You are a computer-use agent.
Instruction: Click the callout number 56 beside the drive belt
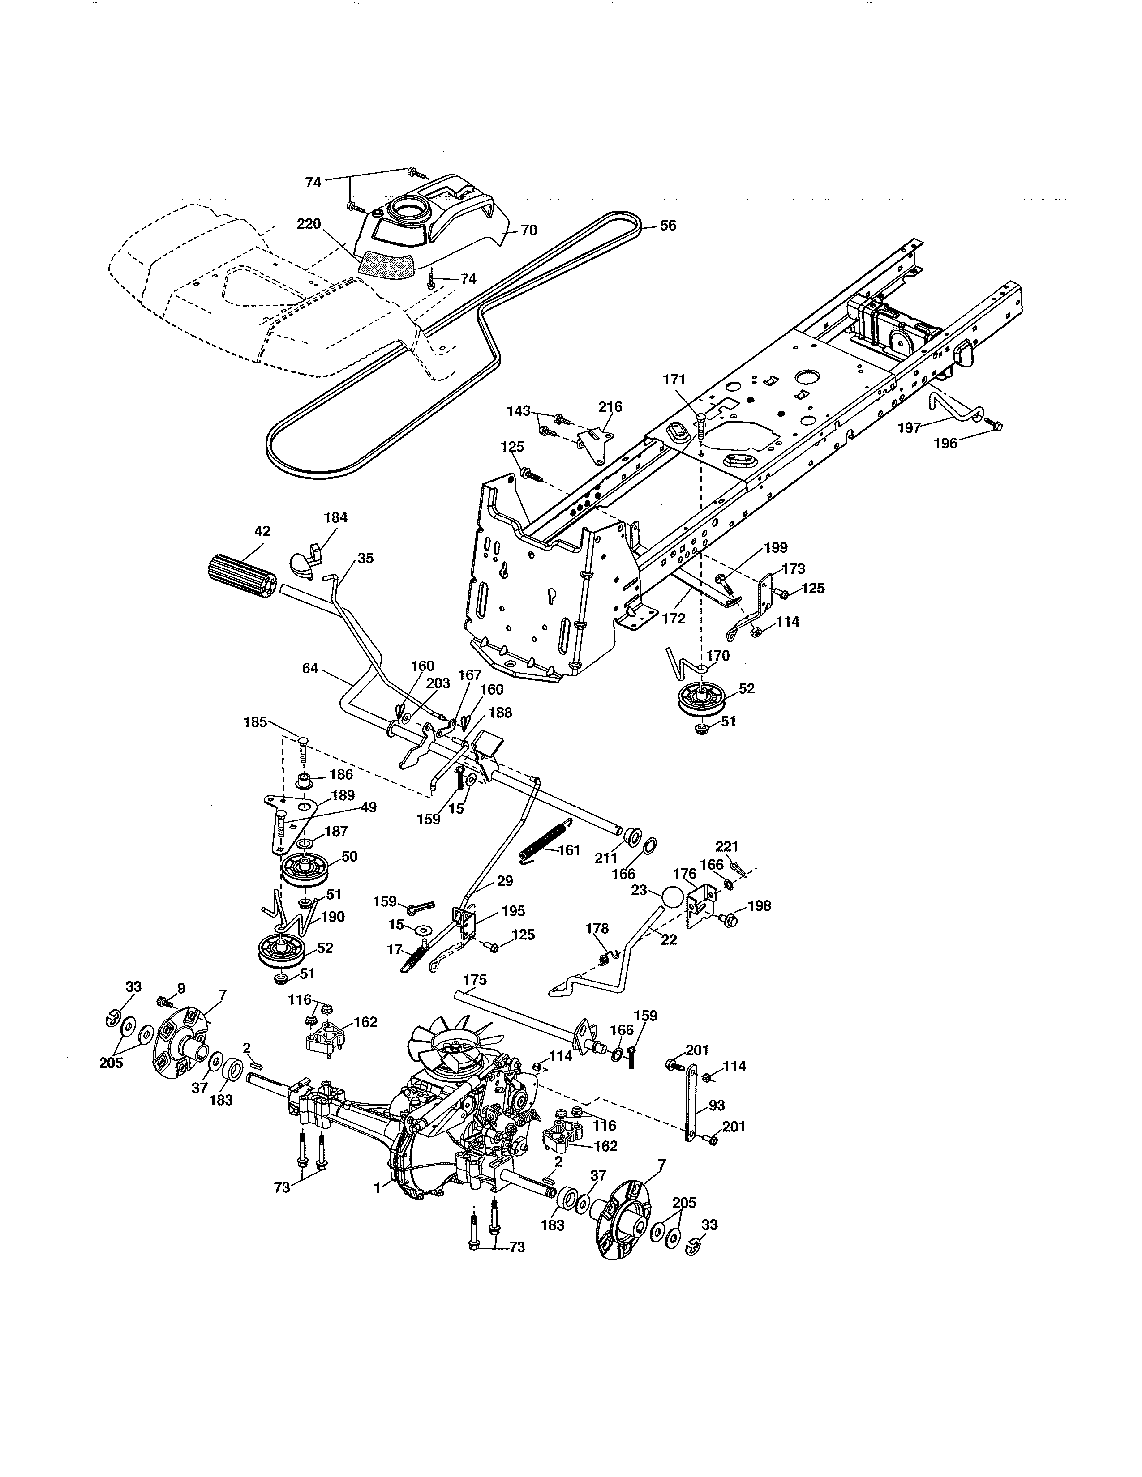667,225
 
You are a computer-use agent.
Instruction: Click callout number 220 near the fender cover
309,224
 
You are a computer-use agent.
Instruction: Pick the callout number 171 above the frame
674,380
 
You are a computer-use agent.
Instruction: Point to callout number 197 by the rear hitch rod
909,427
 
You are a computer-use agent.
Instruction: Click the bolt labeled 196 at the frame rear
995,425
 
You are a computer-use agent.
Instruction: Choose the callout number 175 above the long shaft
475,979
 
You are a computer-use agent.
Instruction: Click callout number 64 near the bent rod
310,669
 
